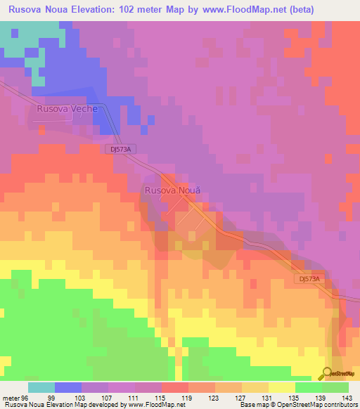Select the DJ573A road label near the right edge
point(307,279)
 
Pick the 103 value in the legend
point(95,397)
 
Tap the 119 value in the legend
point(188,397)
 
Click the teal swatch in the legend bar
point(41,387)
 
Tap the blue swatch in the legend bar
point(67,387)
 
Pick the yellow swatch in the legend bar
point(281,387)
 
